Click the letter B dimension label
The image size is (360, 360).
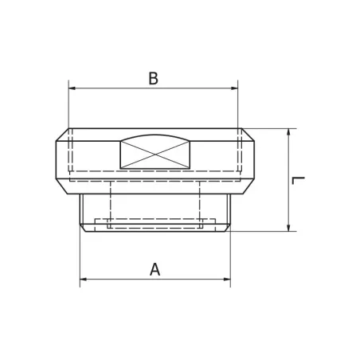pos(154,78)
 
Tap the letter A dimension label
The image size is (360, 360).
pos(155,269)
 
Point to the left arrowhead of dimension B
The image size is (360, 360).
pos(73,88)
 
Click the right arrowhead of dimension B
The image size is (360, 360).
pos(234,88)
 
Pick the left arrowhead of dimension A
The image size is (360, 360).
pos(84,280)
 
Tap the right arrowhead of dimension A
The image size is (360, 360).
pos(226,280)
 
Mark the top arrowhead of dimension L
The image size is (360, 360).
pos(288,133)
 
